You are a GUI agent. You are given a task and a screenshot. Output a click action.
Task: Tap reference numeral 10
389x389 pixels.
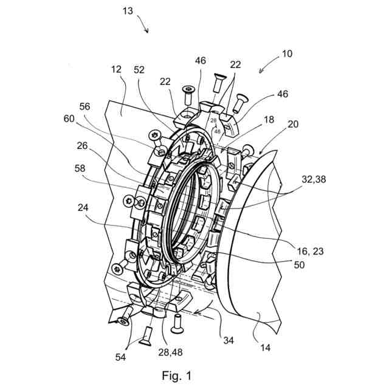(286, 53)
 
